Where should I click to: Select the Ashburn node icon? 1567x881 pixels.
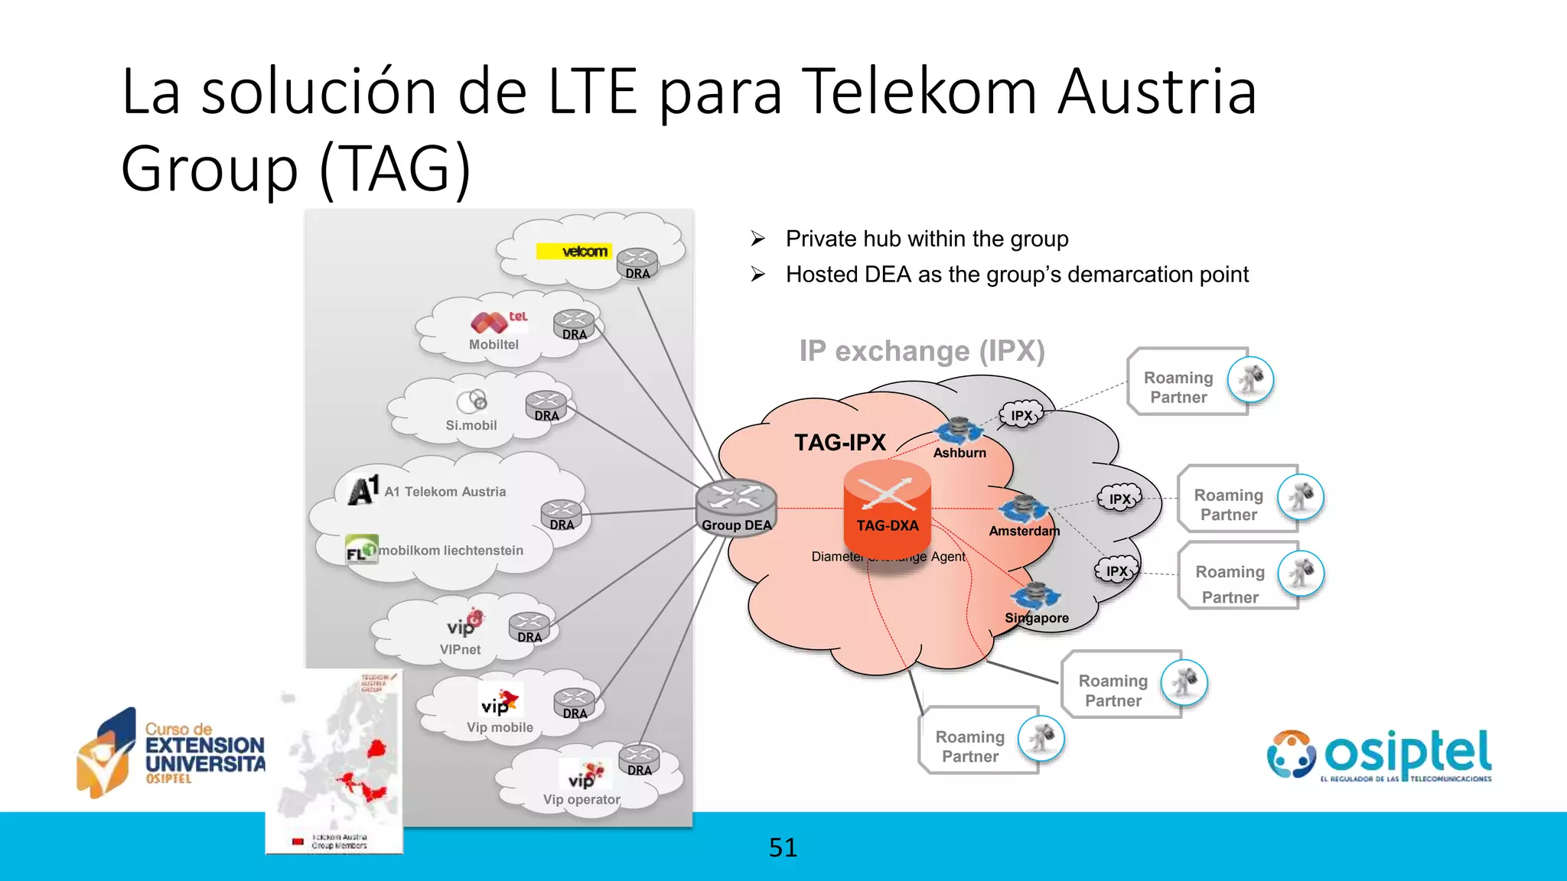coord(958,431)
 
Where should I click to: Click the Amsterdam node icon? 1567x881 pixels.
coord(1022,509)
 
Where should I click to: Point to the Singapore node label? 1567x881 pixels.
coord(1037,618)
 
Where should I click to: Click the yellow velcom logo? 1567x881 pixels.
coord(574,251)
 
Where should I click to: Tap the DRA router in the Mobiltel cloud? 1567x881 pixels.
coord(575,324)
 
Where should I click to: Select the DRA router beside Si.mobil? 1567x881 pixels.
coord(546,405)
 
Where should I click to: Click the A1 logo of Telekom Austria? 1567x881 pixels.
coord(363,490)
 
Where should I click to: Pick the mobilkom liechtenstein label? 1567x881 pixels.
coord(451,551)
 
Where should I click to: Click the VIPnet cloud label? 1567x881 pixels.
coord(460,649)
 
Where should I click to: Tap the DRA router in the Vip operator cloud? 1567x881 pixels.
coord(639,760)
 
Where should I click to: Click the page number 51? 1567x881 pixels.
coord(783,847)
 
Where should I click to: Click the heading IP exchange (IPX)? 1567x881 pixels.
coord(921,351)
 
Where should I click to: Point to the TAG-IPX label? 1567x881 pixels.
coord(839,443)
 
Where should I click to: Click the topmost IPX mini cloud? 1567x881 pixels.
coord(1021,415)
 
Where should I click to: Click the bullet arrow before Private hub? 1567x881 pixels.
coord(757,239)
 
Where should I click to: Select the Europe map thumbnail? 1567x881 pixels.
coord(334,761)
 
